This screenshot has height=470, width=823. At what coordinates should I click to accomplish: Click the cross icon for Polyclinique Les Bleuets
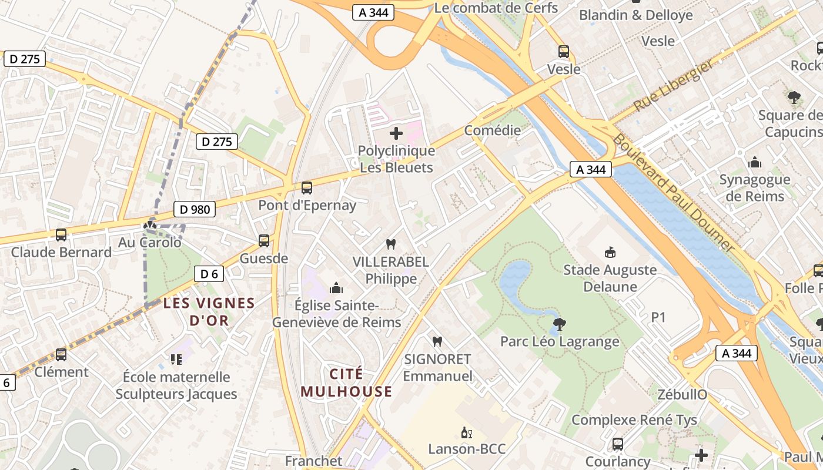pos(396,133)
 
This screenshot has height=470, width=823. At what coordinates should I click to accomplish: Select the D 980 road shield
pos(194,209)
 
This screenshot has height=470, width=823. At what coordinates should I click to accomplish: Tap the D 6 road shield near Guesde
pos(209,274)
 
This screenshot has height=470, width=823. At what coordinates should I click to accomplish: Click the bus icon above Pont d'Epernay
pos(306,188)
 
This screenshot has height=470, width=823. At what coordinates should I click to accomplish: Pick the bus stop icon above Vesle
pos(564,52)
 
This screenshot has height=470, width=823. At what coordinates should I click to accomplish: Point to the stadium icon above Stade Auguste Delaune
pos(610,253)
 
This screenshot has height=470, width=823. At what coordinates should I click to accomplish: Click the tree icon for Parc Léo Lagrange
pos(560,324)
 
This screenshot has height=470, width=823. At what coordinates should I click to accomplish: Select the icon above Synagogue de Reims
pos(754,162)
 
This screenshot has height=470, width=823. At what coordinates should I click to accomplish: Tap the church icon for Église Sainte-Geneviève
pos(336,288)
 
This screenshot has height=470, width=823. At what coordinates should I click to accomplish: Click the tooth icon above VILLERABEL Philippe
pos(390,244)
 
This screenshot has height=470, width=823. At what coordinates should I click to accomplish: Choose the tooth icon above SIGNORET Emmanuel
pos(437,341)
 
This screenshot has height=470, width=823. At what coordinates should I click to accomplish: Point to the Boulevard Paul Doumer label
pos(674,193)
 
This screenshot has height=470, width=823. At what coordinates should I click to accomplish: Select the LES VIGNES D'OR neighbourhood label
pos(209,312)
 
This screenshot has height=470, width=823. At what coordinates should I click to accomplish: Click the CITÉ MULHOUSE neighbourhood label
pos(346,382)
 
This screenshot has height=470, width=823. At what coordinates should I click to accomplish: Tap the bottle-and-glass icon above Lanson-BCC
pos(467,433)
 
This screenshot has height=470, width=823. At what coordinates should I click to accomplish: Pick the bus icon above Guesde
pos(264,241)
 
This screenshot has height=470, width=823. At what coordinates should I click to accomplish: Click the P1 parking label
pos(658,317)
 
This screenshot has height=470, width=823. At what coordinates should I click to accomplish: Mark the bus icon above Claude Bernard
pos(61,235)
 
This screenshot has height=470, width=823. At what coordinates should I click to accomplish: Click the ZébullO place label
pos(682,394)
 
